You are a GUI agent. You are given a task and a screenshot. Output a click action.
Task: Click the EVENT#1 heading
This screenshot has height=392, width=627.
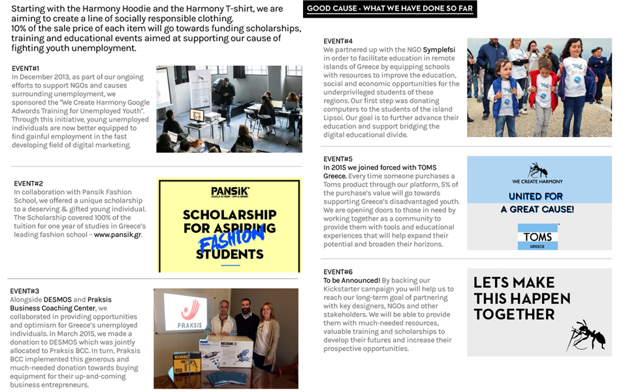(25, 69)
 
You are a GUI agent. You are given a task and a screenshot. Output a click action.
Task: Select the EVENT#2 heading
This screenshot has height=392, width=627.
(28, 184)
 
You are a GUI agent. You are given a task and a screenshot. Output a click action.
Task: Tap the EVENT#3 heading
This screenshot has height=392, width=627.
(24, 291)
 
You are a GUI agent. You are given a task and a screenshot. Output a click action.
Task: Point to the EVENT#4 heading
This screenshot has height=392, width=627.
(338, 41)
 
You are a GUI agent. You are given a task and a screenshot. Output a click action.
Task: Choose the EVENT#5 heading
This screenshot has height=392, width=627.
(338, 159)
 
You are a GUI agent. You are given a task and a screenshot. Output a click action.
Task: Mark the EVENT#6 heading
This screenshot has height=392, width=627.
(338, 272)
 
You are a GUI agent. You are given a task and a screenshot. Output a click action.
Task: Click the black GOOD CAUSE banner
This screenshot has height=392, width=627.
(390, 9)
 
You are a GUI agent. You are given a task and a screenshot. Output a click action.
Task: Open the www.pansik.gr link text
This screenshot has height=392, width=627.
(118, 235)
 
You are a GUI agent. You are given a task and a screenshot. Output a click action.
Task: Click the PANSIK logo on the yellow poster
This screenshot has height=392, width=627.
(230, 191)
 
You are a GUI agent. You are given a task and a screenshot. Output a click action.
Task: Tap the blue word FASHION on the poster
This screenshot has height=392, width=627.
(231, 238)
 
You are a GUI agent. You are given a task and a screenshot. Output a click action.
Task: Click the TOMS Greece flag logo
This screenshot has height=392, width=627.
(538, 237)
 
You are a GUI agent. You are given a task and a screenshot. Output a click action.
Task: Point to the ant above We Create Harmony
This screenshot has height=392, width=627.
(538, 170)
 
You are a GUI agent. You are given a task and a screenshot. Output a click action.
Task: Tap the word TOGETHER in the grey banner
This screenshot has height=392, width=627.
(514, 314)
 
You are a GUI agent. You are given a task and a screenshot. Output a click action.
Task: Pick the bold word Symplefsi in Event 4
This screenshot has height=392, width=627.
(441, 50)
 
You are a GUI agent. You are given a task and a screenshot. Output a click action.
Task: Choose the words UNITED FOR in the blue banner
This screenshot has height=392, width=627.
(536, 196)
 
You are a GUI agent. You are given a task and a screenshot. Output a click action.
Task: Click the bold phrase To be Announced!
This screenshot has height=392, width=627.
(351, 280)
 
